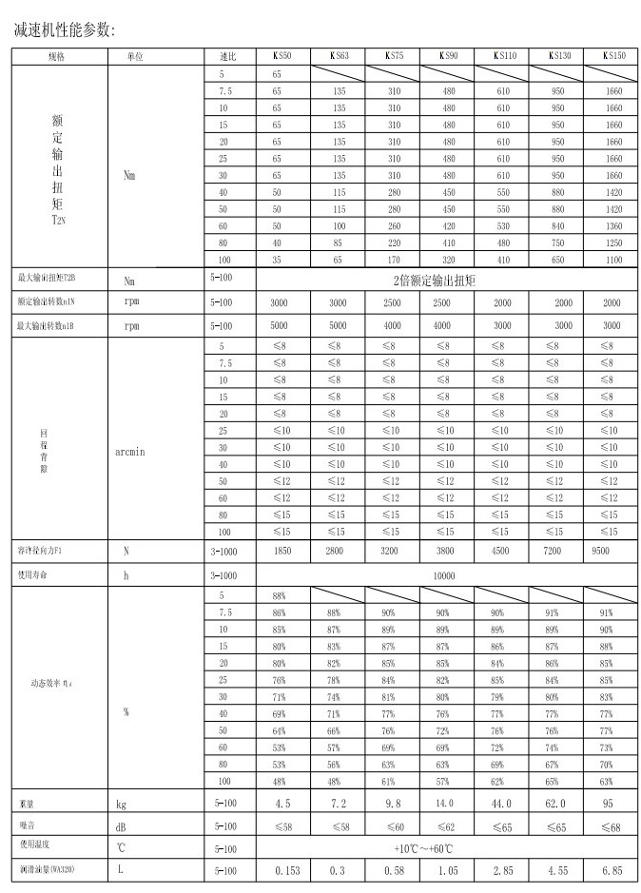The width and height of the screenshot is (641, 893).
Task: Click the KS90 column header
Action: [449, 57]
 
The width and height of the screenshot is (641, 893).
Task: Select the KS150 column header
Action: [613, 57]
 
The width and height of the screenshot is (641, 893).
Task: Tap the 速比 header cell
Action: [228, 57]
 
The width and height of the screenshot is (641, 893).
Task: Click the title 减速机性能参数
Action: [65, 30]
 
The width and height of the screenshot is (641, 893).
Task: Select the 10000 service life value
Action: [444, 575]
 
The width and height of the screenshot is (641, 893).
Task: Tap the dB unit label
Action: [121, 827]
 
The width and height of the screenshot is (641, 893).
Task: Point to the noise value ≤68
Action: [609, 827]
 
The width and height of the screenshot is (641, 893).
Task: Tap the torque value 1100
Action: [613, 259]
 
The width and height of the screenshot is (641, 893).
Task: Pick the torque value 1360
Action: [613, 225]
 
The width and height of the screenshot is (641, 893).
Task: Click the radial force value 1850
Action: [282, 551]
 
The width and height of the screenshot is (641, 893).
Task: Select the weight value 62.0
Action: [554, 804]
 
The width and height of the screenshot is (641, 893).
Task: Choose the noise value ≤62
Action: [447, 827]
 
